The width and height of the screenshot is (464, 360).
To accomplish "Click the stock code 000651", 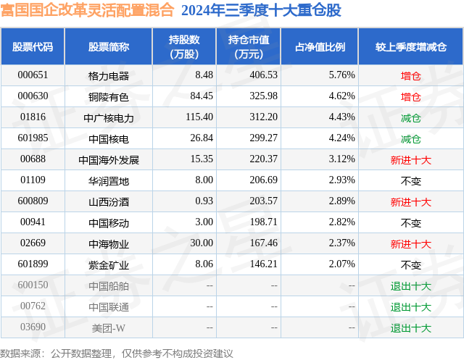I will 33,75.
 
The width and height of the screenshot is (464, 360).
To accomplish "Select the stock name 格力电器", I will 108,75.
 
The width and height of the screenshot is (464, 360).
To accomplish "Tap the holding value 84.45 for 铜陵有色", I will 199,96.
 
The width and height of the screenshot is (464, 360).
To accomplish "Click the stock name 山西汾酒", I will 108,202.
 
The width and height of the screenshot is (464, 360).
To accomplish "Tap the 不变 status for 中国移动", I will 411,223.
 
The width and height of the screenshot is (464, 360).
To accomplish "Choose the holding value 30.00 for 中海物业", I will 199,244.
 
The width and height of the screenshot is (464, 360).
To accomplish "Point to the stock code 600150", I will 33,285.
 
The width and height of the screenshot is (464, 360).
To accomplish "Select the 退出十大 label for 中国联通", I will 411,307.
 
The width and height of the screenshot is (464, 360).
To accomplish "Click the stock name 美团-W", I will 108,328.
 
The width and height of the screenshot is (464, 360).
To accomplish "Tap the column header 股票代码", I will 33,47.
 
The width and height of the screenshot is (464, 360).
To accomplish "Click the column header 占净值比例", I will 320,47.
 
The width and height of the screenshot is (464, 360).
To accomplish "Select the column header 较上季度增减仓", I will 411,47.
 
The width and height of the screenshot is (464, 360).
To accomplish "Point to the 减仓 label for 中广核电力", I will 411,117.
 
